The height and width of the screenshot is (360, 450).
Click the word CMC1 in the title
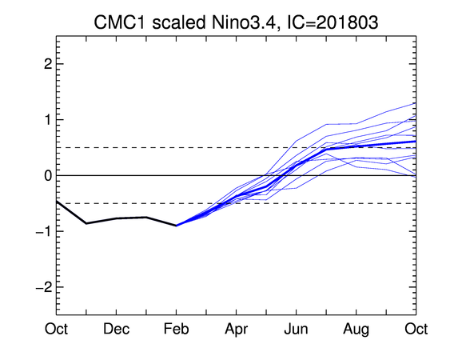coord(120,22)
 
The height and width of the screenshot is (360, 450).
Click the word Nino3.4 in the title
coord(242,22)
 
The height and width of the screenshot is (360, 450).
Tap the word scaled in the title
coord(178,22)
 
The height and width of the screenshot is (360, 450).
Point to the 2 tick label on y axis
coord(48,64)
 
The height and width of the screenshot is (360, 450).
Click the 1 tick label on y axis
coord(49,120)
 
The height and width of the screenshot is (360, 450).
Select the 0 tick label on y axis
coord(48,175)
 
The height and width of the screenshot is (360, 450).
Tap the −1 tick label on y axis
coord(44,231)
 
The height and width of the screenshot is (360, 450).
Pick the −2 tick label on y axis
coord(44,287)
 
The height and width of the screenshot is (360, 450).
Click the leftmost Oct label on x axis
coord(56,329)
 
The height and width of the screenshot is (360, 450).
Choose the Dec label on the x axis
coord(116,329)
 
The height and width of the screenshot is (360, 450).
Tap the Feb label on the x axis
coord(176,329)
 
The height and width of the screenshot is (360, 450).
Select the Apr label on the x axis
coord(237,330)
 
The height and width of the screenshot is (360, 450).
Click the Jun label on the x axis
coord(297,329)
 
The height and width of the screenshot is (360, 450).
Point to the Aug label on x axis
coord(356,330)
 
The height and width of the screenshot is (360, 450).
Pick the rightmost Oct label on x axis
coord(416,329)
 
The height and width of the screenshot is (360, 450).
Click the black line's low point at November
coord(86,223)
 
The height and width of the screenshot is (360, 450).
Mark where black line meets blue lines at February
coord(176,226)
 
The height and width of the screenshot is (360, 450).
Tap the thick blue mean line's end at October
coord(416,142)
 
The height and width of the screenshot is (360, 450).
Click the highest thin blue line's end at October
coord(416,103)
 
